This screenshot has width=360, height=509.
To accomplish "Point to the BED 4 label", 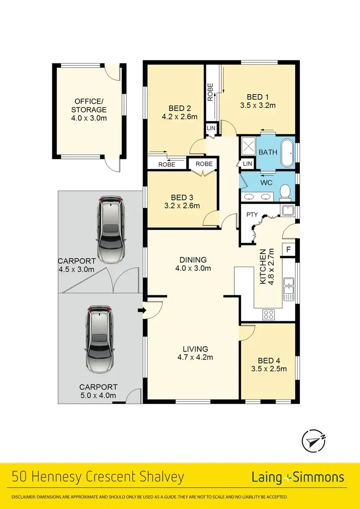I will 268,361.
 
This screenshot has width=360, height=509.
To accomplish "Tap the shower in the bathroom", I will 248,145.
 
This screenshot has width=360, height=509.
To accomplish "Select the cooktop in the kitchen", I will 269,315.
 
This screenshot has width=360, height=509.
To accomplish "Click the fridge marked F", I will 289,250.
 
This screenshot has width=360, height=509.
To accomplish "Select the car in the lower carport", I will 99,338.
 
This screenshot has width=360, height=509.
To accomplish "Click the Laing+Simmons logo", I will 298,477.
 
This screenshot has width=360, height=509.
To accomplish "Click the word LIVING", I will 195,349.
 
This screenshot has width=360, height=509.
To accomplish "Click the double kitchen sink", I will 288,286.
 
